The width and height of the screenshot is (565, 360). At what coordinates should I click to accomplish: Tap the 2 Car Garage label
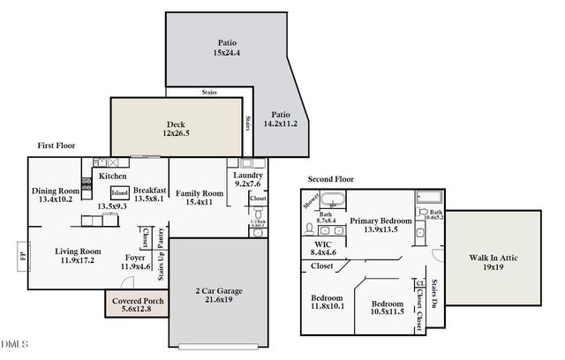point(218,296)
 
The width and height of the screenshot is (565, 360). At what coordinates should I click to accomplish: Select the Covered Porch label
point(137,304)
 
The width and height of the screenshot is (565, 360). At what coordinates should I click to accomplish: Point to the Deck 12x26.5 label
point(176,128)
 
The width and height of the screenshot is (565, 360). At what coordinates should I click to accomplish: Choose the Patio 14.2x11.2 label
point(280,119)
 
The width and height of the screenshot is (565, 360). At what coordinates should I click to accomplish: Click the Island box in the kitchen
point(120,193)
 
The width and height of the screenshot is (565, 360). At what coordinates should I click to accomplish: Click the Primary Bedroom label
point(380,224)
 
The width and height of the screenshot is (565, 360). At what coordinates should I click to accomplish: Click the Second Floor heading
point(331,179)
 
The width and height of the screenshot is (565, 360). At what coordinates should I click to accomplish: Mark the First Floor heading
point(56,146)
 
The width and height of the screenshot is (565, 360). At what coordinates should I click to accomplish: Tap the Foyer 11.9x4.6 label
point(135,261)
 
